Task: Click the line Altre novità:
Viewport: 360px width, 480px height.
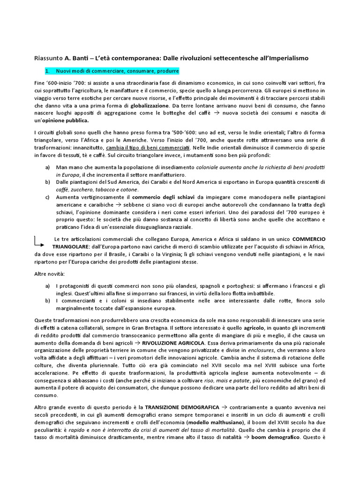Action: tap(49, 273)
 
